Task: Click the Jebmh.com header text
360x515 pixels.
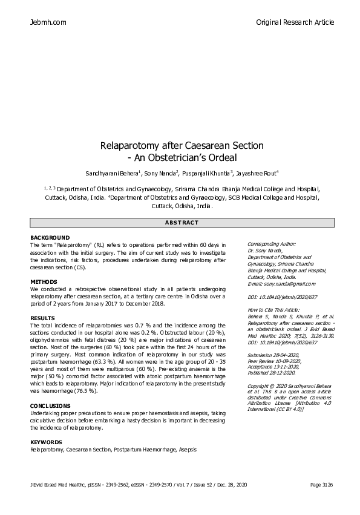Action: click(48, 22)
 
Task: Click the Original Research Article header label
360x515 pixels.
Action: click(295, 22)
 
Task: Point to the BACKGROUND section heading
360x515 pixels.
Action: click(50, 237)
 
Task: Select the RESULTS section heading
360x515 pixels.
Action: click(42, 318)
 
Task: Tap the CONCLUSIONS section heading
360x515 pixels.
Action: click(51, 405)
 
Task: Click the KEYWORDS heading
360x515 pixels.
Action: click(46, 442)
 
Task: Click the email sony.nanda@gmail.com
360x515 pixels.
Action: click(282, 283)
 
